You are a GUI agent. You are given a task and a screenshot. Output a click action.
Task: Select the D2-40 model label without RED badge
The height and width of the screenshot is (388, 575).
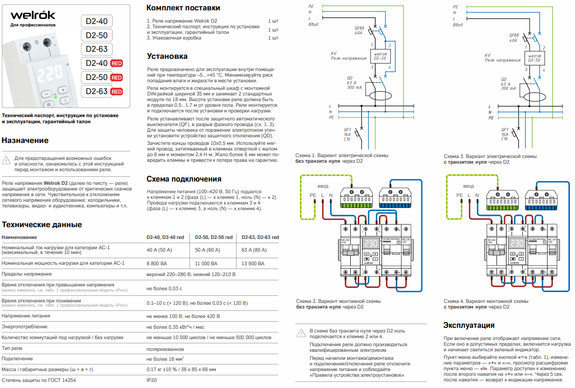tap(97, 21)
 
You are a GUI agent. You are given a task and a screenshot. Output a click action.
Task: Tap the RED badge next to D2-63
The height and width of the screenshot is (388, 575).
tap(117, 91)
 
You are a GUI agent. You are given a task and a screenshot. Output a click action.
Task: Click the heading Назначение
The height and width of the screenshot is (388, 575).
tap(25, 140)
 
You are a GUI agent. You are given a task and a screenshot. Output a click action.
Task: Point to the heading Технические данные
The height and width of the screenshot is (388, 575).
tap(42, 224)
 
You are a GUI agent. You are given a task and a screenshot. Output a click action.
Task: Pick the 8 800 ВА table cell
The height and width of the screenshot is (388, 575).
tap(158, 264)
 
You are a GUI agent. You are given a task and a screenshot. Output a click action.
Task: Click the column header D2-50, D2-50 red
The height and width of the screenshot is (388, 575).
tap(214, 237)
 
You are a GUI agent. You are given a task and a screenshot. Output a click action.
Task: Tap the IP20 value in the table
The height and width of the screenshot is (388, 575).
tap(151, 380)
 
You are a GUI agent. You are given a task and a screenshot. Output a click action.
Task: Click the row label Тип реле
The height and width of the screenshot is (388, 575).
tap(12, 349)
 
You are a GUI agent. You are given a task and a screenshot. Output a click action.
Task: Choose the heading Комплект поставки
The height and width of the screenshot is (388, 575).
tap(183, 8)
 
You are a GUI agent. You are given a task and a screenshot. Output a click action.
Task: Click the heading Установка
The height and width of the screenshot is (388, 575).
tap(167, 56)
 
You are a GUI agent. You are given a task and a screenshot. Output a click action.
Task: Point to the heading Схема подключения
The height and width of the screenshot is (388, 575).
tap(184, 179)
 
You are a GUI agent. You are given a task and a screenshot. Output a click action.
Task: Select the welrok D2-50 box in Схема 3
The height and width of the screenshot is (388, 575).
tap(533, 58)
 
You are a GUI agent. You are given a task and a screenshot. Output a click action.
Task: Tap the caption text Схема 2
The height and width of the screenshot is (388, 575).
tap(307, 301)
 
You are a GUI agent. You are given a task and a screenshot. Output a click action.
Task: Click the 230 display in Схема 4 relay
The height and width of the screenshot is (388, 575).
tap(517, 244)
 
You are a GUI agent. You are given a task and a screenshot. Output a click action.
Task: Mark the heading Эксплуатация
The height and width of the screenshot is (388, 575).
tap(469, 325)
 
